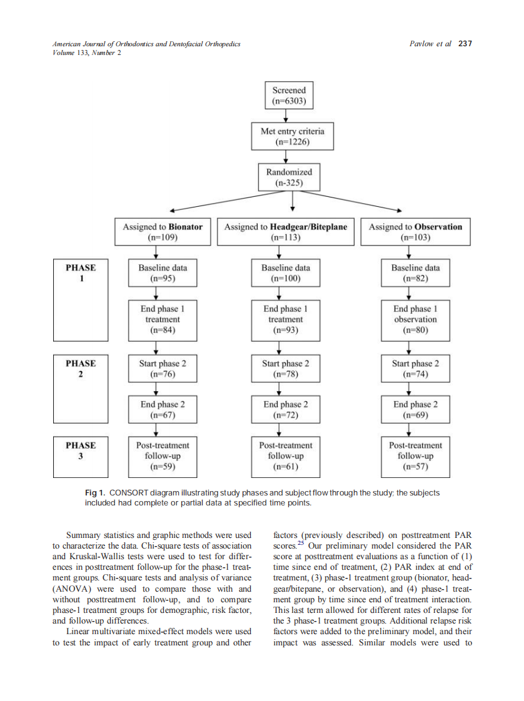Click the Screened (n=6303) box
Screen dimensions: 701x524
click(x=289, y=96)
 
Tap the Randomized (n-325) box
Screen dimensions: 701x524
click(x=289, y=177)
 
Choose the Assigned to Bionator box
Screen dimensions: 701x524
click(x=163, y=232)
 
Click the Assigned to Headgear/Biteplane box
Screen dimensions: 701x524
click(x=286, y=232)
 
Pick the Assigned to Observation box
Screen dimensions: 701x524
click(x=415, y=232)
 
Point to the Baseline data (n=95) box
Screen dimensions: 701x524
click(x=163, y=273)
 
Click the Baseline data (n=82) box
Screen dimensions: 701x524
click(x=415, y=273)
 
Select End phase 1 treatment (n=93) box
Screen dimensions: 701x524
click(x=286, y=319)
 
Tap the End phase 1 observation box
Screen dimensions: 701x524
click(x=415, y=319)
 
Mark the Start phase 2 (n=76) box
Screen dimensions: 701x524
click(x=163, y=369)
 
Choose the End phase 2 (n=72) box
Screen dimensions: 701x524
click(x=286, y=409)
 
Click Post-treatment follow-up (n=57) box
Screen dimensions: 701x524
click(x=415, y=455)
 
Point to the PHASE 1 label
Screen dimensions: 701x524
click(x=81, y=273)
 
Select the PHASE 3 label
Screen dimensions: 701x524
click(x=81, y=450)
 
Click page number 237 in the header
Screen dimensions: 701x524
click(x=465, y=44)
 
